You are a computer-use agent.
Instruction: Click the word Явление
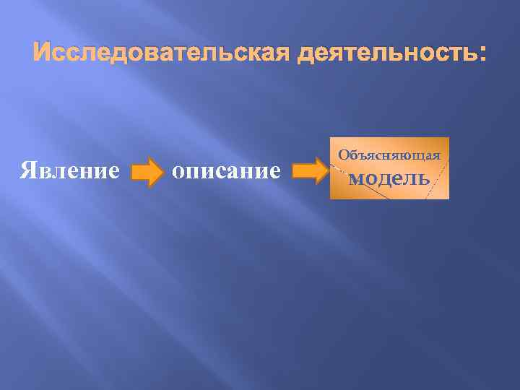point(70,170)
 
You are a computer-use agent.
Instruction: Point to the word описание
point(225,170)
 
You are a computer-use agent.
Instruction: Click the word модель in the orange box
point(389,178)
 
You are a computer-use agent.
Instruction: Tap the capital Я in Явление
point(27,170)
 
